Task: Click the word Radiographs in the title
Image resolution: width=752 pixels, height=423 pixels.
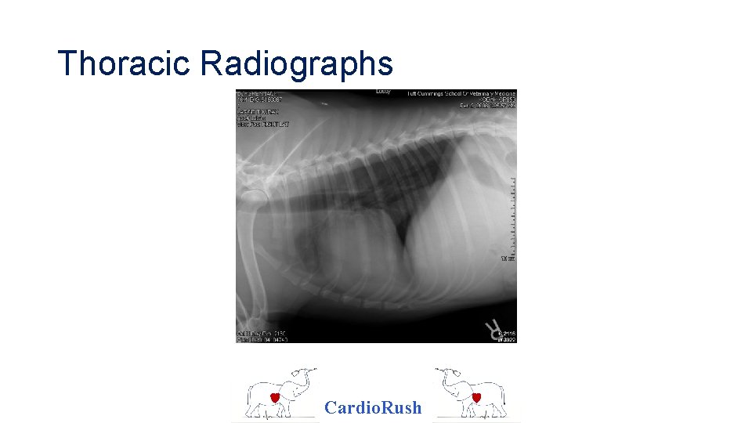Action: [x=296, y=63]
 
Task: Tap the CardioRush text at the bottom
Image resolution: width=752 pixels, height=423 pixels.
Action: [x=373, y=407]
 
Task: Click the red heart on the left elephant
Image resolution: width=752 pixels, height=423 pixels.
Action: [x=276, y=398]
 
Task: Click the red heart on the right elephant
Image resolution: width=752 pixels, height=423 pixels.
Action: [x=476, y=398]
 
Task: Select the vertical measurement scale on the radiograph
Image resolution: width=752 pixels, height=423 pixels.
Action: [x=513, y=211]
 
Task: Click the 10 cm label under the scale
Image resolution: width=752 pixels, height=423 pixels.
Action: [x=508, y=258]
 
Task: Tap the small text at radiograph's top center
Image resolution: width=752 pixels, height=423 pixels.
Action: [x=383, y=92]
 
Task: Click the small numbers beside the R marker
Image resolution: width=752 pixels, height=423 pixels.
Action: [x=508, y=335]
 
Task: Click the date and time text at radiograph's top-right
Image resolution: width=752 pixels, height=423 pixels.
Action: [x=486, y=106]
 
